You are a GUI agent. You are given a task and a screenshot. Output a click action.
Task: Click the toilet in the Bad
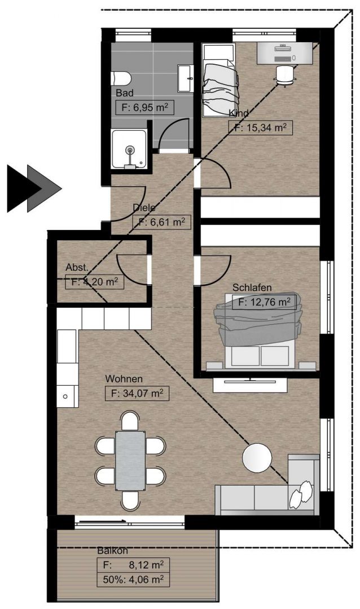(x=121, y=78)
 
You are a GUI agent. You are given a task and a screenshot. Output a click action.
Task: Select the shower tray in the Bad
(x=129, y=149)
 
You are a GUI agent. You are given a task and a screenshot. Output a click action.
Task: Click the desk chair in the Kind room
(x=286, y=74)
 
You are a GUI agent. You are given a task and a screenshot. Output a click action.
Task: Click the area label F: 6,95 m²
(x=144, y=107)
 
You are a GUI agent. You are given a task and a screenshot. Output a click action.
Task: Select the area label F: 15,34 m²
(x=260, y=127)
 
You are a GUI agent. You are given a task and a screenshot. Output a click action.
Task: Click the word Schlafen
(x=252, y=288)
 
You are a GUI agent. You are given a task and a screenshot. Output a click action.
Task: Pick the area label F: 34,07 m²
(x=137, y=394)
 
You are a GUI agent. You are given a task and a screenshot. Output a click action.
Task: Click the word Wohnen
(x=124, y=379)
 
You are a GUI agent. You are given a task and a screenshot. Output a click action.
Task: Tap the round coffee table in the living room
(x=257, y=458)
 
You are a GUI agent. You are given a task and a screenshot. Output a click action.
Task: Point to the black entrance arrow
(x=24, y=188)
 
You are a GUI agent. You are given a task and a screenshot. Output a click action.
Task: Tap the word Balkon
(x=112, y=550)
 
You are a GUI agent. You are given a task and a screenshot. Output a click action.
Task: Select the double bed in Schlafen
(x=258, y=330)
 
